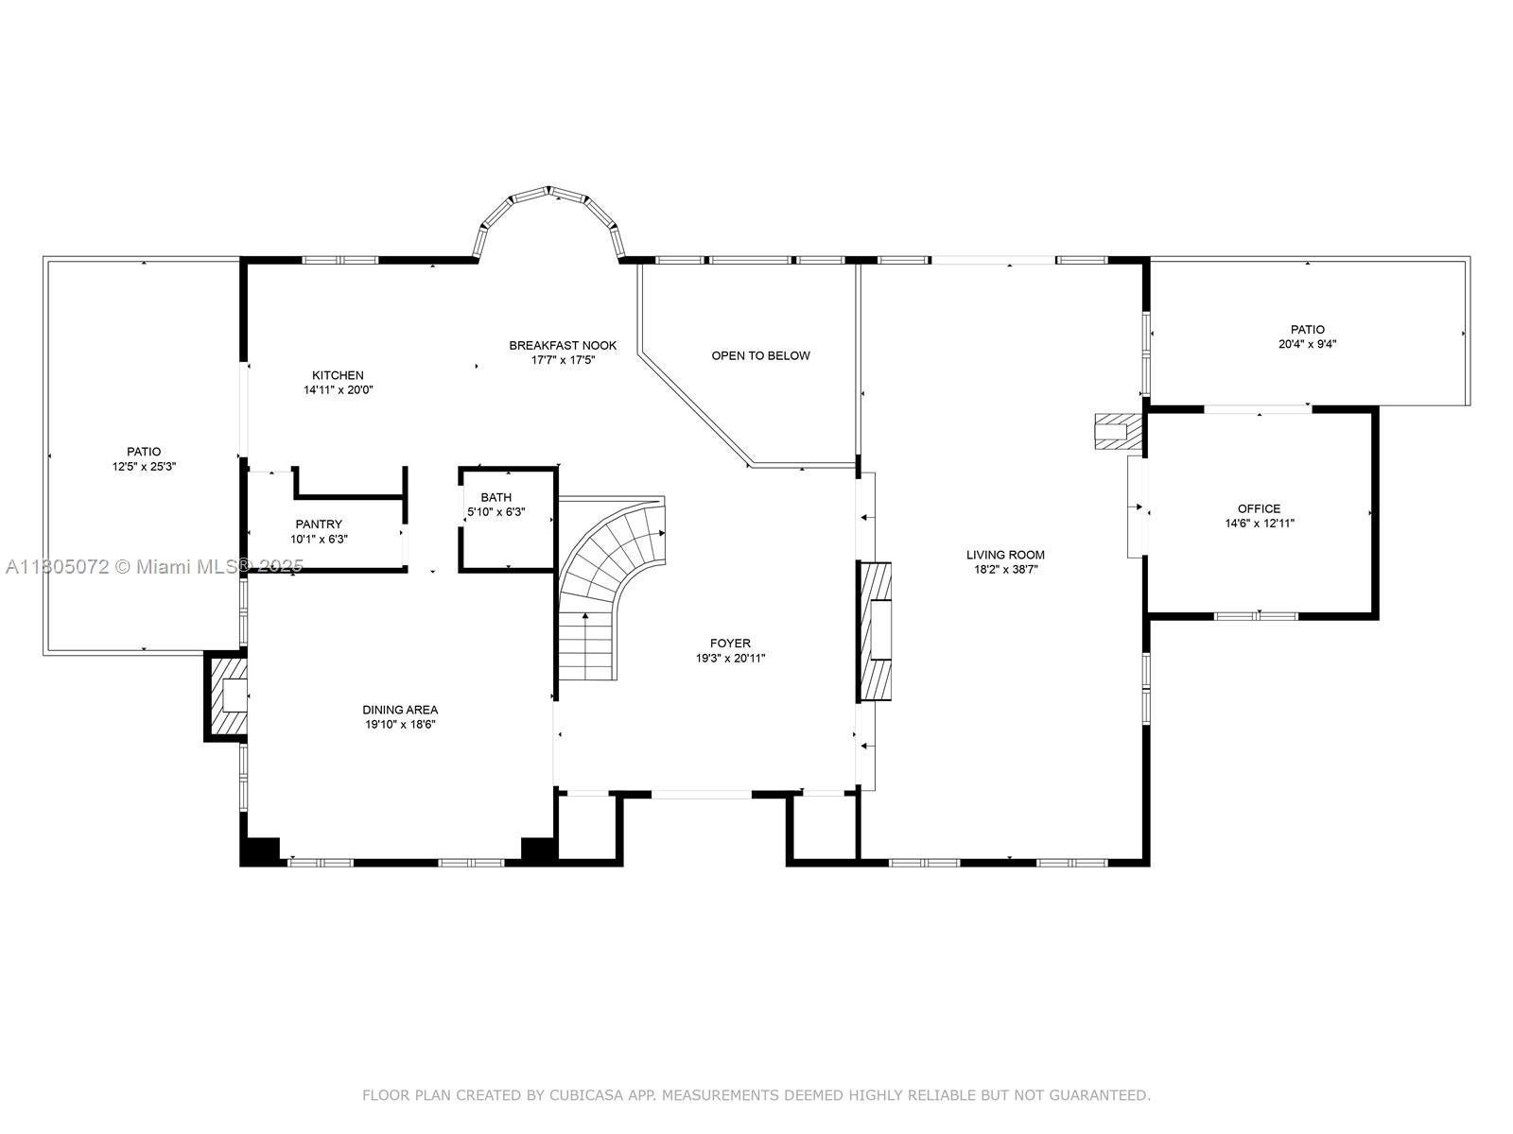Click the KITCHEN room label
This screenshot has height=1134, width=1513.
pos(338,375)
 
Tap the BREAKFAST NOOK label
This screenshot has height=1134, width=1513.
pos(563,346)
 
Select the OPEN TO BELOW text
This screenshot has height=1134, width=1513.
pos(760,356)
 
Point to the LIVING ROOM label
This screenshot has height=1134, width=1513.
pos(1005,555)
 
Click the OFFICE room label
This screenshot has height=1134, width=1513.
pos(1259,508)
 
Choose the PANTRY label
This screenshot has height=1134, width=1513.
pos(319,524)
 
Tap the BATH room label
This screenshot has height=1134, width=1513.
pos(496,497)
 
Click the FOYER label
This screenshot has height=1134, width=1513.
pos(730,644)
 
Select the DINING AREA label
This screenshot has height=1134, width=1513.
pos(401,710)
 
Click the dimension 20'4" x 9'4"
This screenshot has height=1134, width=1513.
pos(1308,344)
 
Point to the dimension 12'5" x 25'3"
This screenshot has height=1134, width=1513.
pos(144,467)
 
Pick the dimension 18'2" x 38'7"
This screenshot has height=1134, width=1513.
pos(1005,570)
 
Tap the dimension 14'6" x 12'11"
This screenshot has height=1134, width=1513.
pos(1260,524)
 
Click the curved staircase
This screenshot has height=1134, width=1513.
pos(606,572)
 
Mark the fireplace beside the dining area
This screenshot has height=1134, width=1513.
pos(225,696)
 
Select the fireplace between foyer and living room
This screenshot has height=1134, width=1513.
pos(874,632)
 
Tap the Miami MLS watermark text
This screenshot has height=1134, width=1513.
pos(154,567)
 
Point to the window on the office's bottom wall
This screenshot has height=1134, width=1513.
pos(1259,615)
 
